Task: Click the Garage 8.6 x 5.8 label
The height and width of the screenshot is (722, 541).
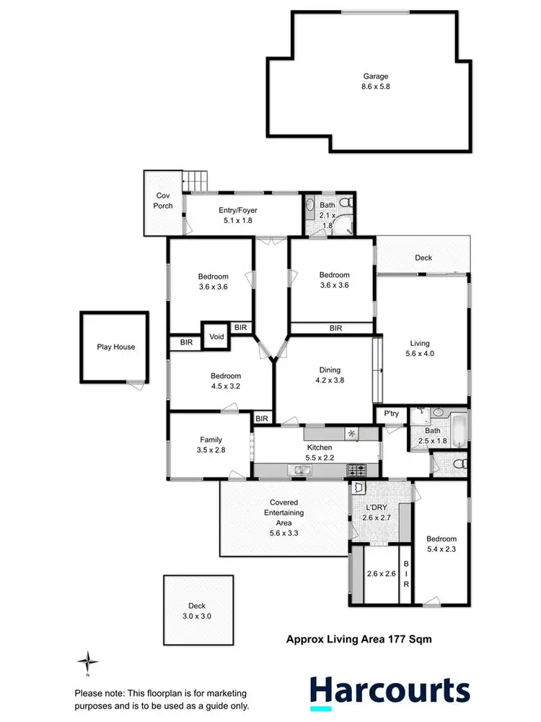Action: [375, 81]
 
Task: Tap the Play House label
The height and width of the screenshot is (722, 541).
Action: [115, 347]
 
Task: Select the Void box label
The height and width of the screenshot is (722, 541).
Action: [216, 337]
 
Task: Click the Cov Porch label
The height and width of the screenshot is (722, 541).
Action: [164, 201]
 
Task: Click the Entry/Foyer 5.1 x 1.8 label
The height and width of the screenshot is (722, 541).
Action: [237, 215]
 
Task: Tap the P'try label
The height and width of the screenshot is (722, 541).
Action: [391, 414]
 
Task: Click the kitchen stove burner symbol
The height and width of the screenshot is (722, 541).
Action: [357, 470]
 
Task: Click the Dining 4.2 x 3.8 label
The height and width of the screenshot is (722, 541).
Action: [330, 375]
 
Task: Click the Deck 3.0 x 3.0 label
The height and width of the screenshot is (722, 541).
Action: [197, 611]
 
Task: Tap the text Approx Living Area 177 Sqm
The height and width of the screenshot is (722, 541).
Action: [359, 638]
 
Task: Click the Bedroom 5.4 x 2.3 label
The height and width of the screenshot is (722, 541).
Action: [441, 544]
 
